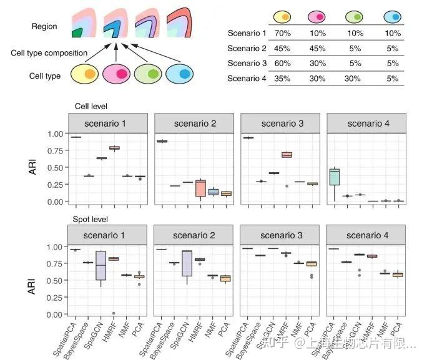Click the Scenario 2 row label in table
click(x=247, y=48)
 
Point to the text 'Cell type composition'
click(x=49, y=53)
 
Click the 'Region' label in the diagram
click(x=44, y=27)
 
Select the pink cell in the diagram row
click(x=119, y=75)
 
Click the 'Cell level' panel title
click(x=91, y=107)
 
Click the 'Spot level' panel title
click(x=91, y=220)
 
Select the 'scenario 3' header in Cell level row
click(x=279, y=124)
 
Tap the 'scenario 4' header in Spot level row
click(x=365, y=236)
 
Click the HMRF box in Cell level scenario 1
click(x=114, y=148)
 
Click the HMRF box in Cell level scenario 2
click(x=200, y=188)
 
